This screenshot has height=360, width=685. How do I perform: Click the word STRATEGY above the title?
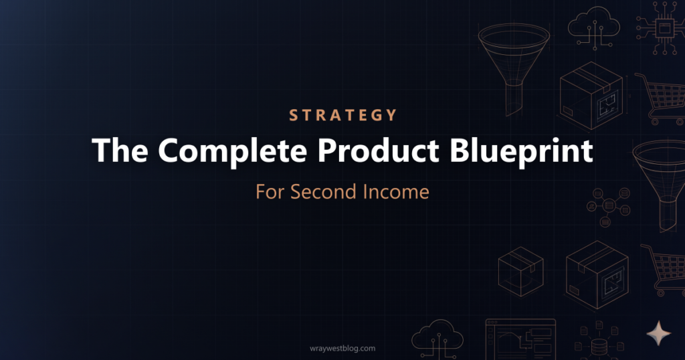pos(342,115)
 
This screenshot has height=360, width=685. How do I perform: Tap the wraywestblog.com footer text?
pos(342,348)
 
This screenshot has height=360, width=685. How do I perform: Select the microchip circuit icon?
pos(664,27)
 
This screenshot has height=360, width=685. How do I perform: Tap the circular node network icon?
pos(608,201)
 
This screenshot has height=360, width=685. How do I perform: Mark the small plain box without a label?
pos(520,269)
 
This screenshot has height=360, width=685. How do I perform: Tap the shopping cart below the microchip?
pos(660,98)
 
